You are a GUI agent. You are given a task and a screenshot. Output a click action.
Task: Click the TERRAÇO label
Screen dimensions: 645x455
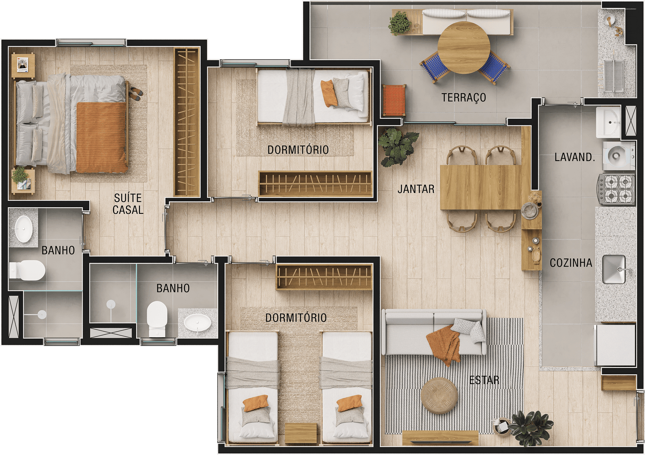464,98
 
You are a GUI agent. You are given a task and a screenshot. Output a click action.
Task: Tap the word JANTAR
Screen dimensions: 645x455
416,189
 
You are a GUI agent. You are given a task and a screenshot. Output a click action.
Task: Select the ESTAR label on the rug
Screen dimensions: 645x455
484,380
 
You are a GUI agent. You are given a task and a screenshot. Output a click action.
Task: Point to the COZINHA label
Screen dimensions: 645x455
571,263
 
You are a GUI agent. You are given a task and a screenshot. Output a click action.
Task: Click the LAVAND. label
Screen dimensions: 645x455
574,157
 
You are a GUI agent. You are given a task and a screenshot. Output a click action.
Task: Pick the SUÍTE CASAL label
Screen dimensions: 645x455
128,204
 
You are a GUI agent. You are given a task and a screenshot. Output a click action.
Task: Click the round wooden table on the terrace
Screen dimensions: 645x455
464,48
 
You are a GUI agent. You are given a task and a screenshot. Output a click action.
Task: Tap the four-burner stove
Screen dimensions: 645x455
617,189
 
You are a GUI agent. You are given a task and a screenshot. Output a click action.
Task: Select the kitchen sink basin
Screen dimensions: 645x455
614,269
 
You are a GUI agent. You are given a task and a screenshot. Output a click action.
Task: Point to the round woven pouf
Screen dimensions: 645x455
439,396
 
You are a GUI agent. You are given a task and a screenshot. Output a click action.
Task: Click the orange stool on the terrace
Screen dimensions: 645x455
394,100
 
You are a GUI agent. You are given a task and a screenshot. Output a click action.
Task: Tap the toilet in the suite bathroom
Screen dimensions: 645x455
27,270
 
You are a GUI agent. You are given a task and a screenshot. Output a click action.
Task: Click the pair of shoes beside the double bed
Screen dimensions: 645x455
135,93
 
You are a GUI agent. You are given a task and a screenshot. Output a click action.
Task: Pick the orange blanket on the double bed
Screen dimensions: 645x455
102,138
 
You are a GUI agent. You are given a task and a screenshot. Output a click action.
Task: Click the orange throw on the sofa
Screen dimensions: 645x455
443,344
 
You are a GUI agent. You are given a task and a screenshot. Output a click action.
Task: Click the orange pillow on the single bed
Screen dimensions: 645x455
329,93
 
